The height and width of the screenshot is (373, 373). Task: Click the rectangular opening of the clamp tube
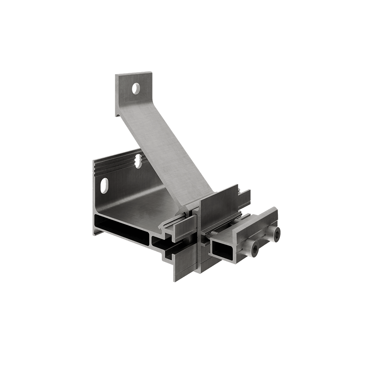(x=222, y=249)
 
